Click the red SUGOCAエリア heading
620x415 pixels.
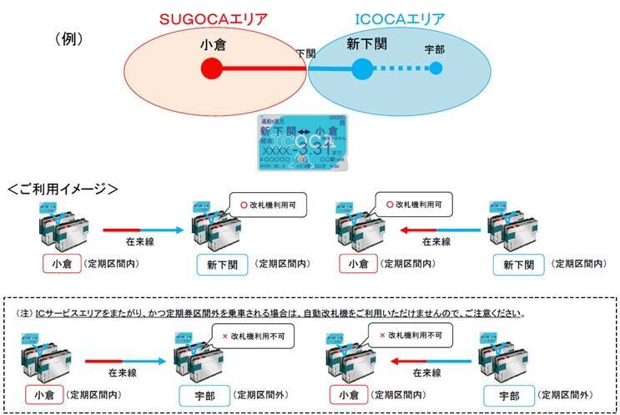click(214, 18)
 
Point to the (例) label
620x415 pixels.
click(73, 38)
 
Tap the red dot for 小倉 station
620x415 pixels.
click(212, 68)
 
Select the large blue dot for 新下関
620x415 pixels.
click(361, 68)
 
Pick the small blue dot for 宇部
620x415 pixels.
click(435, 68)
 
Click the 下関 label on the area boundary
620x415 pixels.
click(306, 53)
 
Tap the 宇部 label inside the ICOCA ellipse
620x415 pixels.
click(434, 49)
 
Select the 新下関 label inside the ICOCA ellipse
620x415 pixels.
click(367, 44)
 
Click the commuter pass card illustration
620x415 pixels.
click(301, 144)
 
